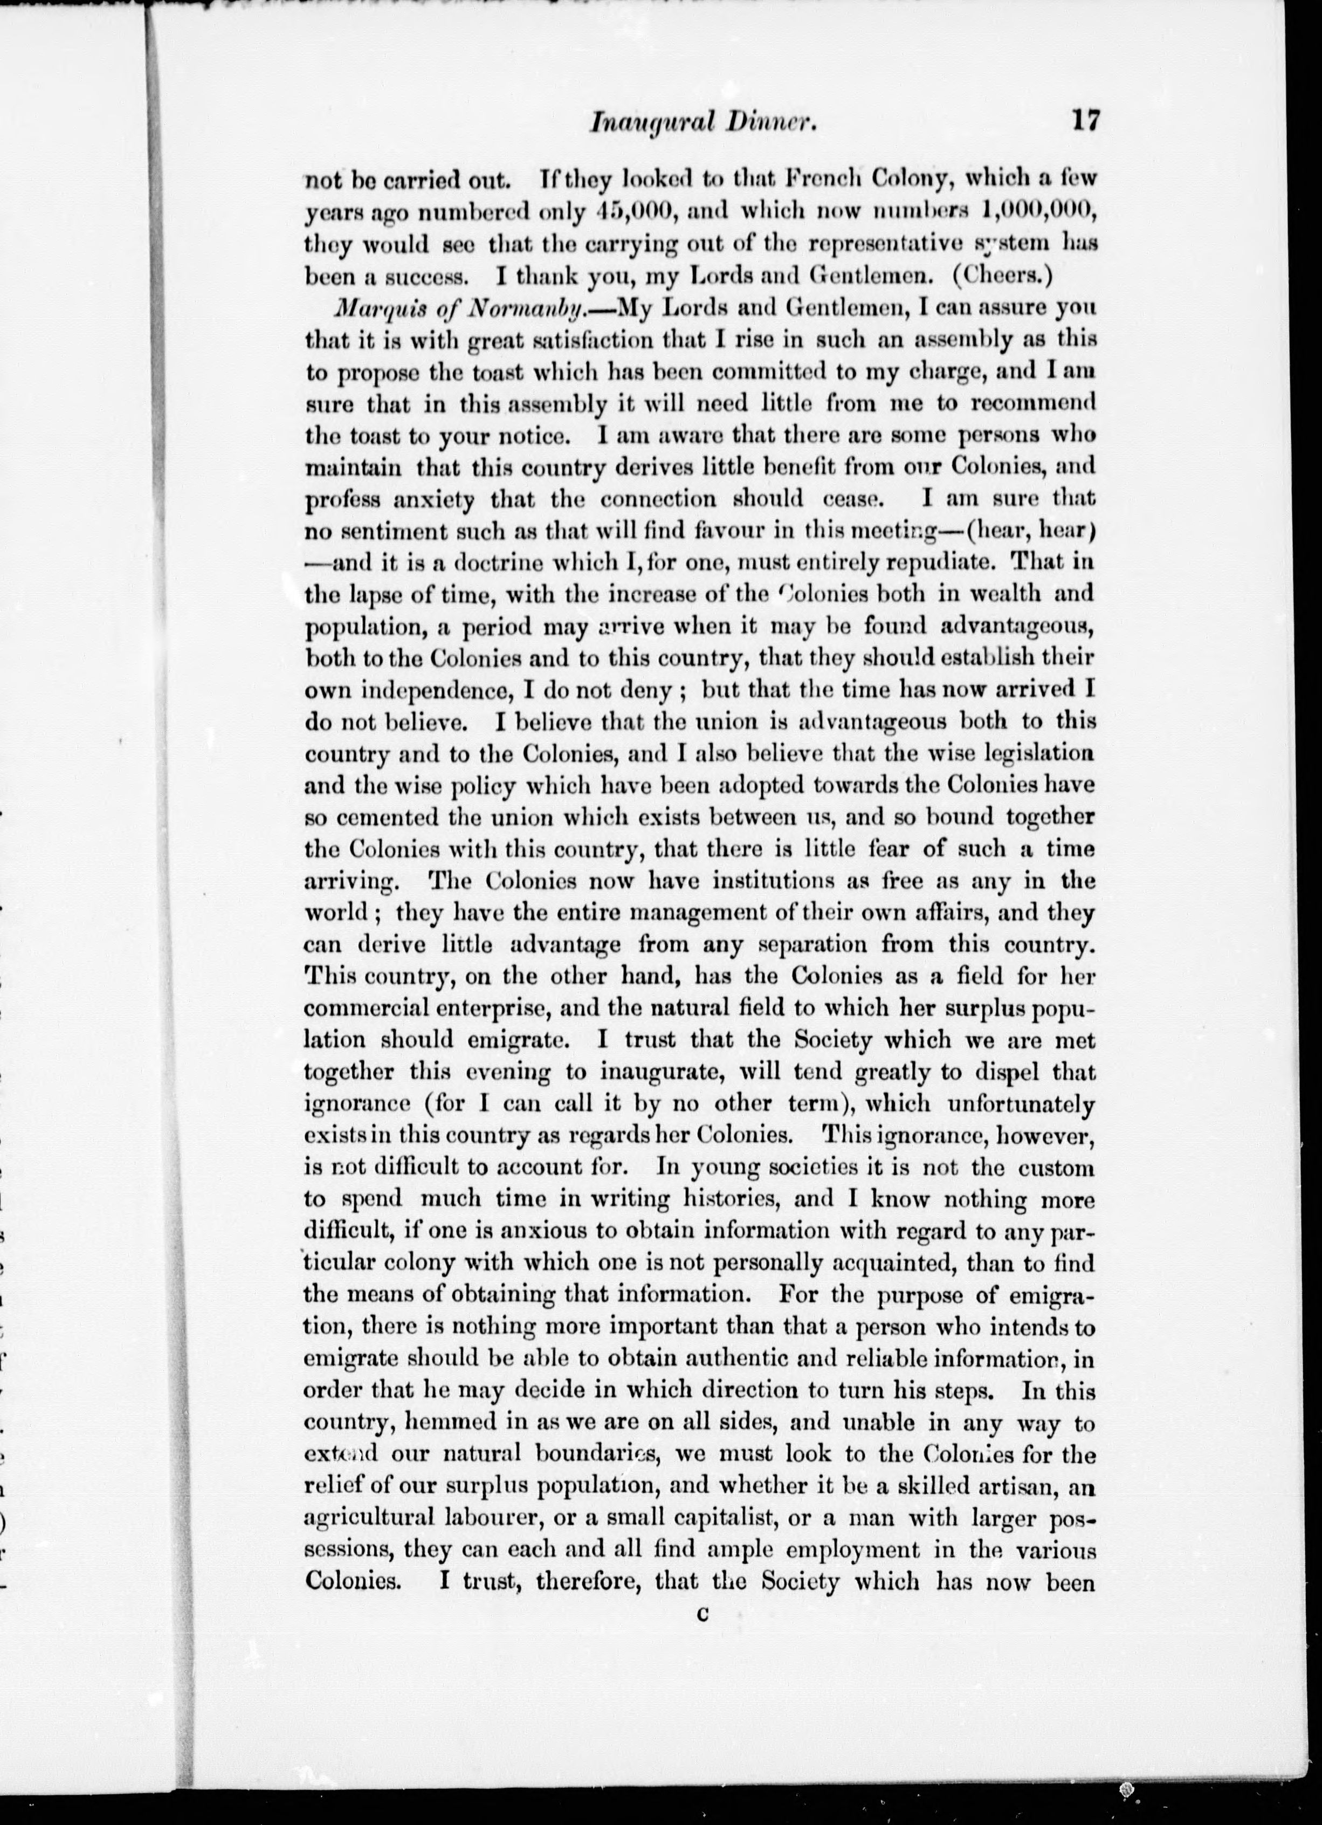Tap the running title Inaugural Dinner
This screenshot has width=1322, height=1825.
704,123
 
